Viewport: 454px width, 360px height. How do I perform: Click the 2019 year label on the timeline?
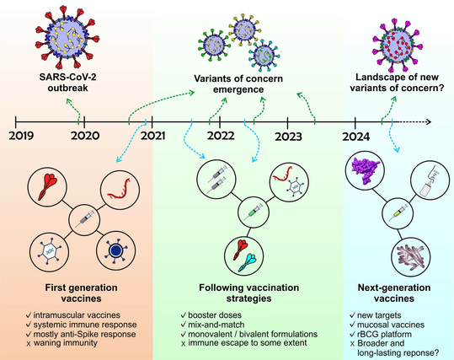(21, 136)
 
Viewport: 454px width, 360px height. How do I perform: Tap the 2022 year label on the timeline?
(221, 136)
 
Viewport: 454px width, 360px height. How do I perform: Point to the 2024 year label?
(356, 137)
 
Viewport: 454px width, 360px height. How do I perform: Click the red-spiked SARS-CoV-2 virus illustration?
(67, 36)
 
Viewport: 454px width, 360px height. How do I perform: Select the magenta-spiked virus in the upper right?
(397, 46)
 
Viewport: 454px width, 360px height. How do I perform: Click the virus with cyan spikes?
(264, 55)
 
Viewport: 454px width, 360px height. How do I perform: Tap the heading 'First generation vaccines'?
(82, 293)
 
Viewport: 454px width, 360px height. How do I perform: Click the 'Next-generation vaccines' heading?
(394, 293)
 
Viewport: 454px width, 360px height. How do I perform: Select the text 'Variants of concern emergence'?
(238, 83)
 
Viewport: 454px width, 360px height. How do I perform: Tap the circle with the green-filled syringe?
(254, 212)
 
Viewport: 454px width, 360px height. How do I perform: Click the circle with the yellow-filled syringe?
(398, 212)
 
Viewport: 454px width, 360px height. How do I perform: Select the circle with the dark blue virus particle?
(116, 250)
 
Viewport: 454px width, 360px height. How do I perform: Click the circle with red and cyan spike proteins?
(244, 255)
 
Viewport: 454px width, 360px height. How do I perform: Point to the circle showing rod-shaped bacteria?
(410, 256)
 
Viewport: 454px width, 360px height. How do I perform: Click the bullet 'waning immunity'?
(66, 343)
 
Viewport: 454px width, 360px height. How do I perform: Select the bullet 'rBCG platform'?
(384, 334)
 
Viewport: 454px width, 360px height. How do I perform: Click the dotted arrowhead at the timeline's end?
(429, 121)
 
